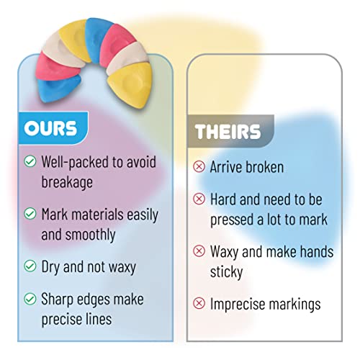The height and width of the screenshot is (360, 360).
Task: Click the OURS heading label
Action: coord(50,128)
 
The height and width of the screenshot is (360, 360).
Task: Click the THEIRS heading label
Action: coord(228,132)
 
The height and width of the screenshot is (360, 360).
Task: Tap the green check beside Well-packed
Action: coord(30,161)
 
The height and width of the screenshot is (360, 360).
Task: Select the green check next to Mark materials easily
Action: coord(30,213)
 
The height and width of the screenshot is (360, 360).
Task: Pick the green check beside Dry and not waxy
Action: coord(30,266)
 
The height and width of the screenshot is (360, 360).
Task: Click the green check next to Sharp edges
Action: coord(30,299)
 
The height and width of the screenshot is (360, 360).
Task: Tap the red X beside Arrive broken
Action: coord(199,166)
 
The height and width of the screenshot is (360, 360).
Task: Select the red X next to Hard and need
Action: coord(199,199)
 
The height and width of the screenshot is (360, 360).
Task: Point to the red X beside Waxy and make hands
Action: coord(199,251)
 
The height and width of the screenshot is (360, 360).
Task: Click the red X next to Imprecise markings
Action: coord(199,303)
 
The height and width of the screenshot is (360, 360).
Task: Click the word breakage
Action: coord(67,183)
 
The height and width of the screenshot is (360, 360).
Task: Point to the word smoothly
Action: coord(91,235)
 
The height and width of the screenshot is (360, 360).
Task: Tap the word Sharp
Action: coord(57,300)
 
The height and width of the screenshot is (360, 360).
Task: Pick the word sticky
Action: coord(226,272)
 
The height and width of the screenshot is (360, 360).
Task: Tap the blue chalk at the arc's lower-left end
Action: coord(58,89)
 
